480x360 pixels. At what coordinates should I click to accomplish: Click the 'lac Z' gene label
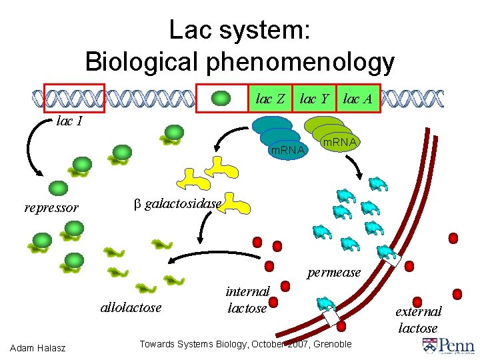(271, 99)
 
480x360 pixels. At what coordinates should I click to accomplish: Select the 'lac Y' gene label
(314, 99)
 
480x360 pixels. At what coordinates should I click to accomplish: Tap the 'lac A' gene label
(357, 99)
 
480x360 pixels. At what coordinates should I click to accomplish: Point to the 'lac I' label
(70, 122)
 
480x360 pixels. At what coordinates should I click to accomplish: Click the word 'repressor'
(51, 207)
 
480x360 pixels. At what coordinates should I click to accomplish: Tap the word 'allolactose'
(131, 307)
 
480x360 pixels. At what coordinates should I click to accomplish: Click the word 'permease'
(333, 272)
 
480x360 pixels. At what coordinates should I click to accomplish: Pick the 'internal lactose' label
(247, 299)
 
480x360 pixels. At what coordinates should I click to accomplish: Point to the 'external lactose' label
(418, 319)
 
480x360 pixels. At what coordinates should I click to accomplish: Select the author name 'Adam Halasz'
(39, 347)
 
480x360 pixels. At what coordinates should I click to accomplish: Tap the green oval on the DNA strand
(221, 99)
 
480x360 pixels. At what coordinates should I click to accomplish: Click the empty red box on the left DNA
(74, 98)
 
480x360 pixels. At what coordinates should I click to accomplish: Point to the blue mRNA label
(287, 150)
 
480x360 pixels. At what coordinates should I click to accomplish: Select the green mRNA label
(339, 142)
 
